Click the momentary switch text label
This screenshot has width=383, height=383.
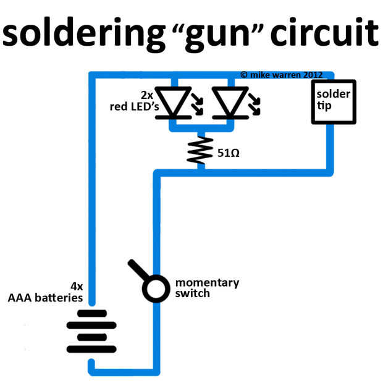click(206, 288)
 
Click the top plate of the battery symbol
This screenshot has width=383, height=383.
click(91, 313)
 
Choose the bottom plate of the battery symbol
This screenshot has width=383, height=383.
click(91, 350)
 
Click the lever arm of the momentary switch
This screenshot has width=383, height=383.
click(138, 271)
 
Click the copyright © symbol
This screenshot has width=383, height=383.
click(244, 74)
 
